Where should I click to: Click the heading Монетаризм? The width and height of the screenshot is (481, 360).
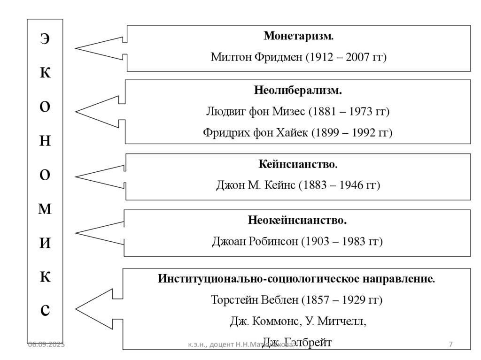coord(298,36)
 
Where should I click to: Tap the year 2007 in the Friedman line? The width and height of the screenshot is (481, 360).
coord(358,58)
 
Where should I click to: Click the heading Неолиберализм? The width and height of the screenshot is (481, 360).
coord(298,90)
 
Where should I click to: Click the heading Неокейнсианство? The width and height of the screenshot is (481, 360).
coord(298,220)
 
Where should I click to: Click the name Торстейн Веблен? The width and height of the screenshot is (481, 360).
coord(254,300)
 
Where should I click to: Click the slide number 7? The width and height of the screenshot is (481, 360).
coord(451,345)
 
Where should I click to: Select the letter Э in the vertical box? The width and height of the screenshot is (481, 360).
coord(44,39)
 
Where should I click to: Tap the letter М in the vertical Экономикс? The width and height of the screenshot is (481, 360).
coord(44,210)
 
